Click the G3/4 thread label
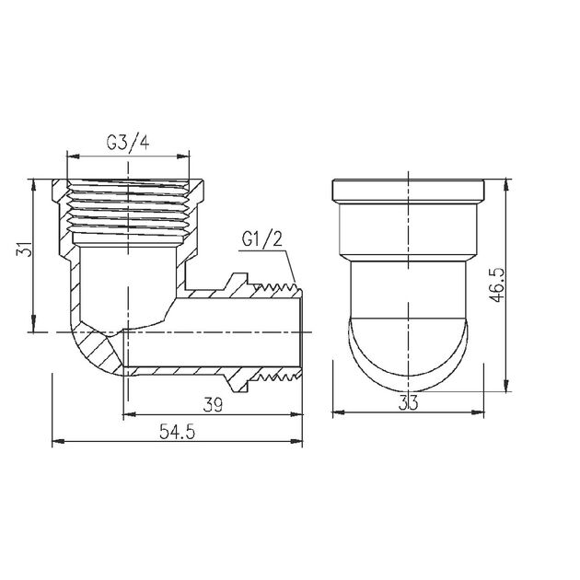pyautogui.click(x=128, y=144)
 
